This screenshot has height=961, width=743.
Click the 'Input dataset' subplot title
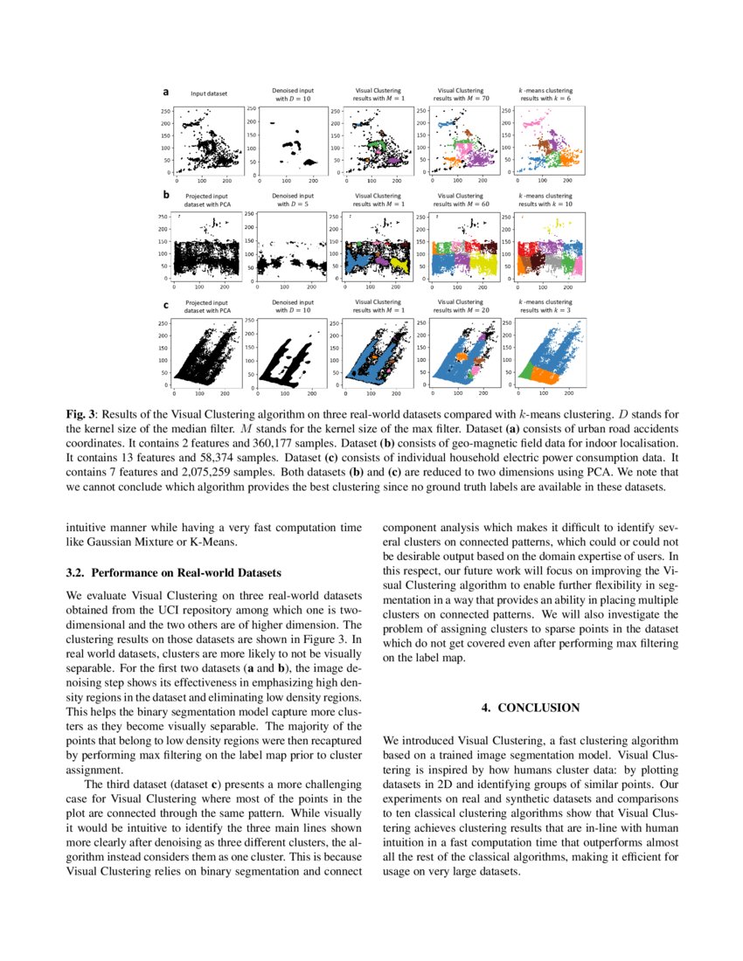tap(209, 93)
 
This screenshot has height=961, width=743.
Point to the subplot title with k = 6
tap(546, 94)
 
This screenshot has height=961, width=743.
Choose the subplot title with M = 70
tap(461, 94)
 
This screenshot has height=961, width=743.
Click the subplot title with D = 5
tap(293, 200)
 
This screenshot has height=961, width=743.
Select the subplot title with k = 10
tap(546, 200)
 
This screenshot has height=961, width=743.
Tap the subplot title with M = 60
tap(461, 200)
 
